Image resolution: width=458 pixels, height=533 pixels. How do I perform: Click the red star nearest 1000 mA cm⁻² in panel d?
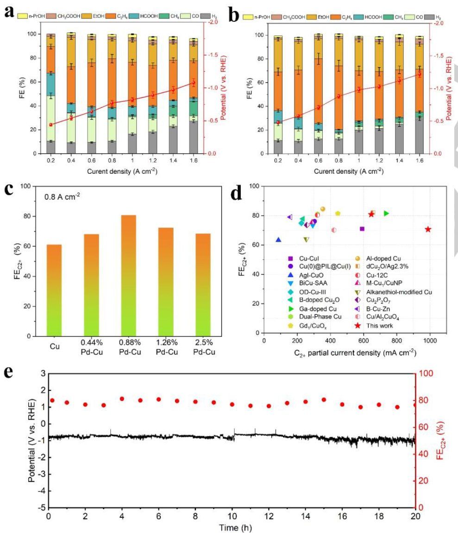click(x=428, y=229)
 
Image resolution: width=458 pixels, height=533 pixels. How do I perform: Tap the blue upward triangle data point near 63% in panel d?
click(x=278, y=239)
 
